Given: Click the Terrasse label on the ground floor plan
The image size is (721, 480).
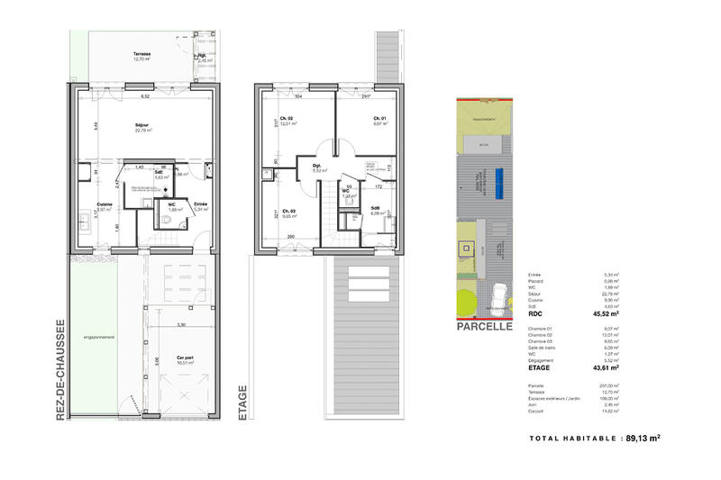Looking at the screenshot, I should click(141, 55).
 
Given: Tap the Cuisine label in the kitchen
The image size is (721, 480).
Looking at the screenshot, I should click(105, 204).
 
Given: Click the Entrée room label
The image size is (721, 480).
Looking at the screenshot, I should click(201, 204).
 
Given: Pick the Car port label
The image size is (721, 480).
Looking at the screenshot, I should click(187, 356).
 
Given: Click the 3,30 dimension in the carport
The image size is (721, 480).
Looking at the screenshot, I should click(180, 324).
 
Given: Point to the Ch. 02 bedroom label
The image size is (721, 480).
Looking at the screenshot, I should click(285, 119).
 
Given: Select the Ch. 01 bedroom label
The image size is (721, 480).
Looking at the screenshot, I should click(379, 119).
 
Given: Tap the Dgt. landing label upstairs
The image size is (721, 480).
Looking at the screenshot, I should click(317, 166).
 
